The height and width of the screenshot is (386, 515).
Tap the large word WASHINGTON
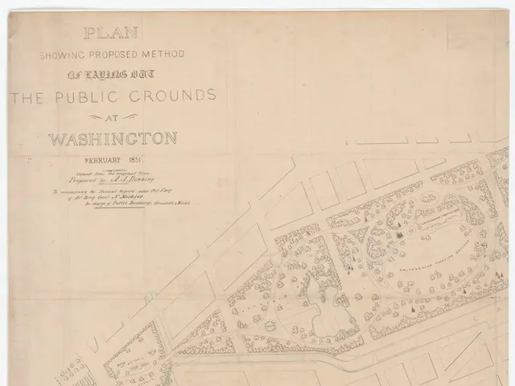point(113,138)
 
